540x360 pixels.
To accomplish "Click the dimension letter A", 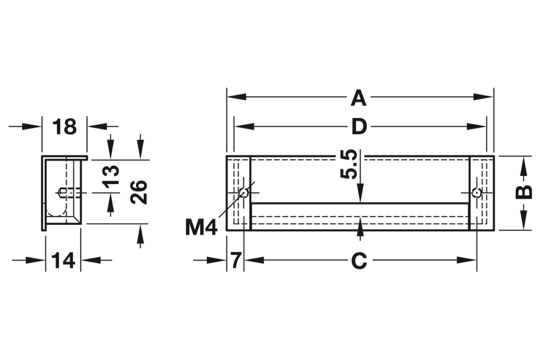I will pyautogui.click(x=359, y=98).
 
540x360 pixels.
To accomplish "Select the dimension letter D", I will pyautogui.click(x=359, y=127).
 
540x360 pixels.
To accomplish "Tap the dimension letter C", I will pyautogui.click(x=359, y=261).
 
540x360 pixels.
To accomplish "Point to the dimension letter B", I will pyautogui.click(x=523, y=193).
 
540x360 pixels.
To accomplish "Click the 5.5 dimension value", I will pyautogui.click(x=349, y=165).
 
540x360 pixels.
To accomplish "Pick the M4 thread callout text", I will pyautogui.click(x=201, y=227).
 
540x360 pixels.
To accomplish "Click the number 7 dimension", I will pyautogui.click(x=235, y=261).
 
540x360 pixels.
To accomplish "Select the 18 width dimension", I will pyautogui.click(x=64, y=127).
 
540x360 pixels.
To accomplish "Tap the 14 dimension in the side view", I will pyautogui.click(x=63, y=261).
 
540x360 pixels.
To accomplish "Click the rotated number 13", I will pyautogui.click(x=110, y=176).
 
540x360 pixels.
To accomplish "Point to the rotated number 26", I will pyautogui.click(x=139, y=192).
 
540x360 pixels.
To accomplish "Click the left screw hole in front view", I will pyautogui.click(x=244, y=193).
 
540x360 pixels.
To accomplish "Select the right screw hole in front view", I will pyautogui.click(x=476, y=193).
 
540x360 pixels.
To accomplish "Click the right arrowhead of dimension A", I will pyautogui.click(x=485, y=97).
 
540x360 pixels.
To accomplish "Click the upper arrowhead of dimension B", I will pyautogui.click(x=523, y=164).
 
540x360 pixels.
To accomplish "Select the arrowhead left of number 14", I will pyautogui.click(x=37, y=260).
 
